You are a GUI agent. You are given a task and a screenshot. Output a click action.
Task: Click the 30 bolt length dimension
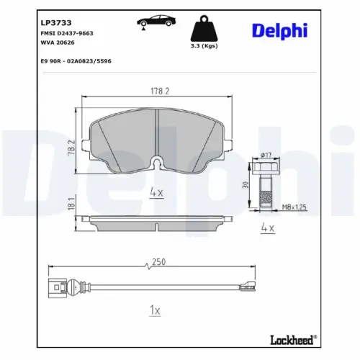tap(246, 184)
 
